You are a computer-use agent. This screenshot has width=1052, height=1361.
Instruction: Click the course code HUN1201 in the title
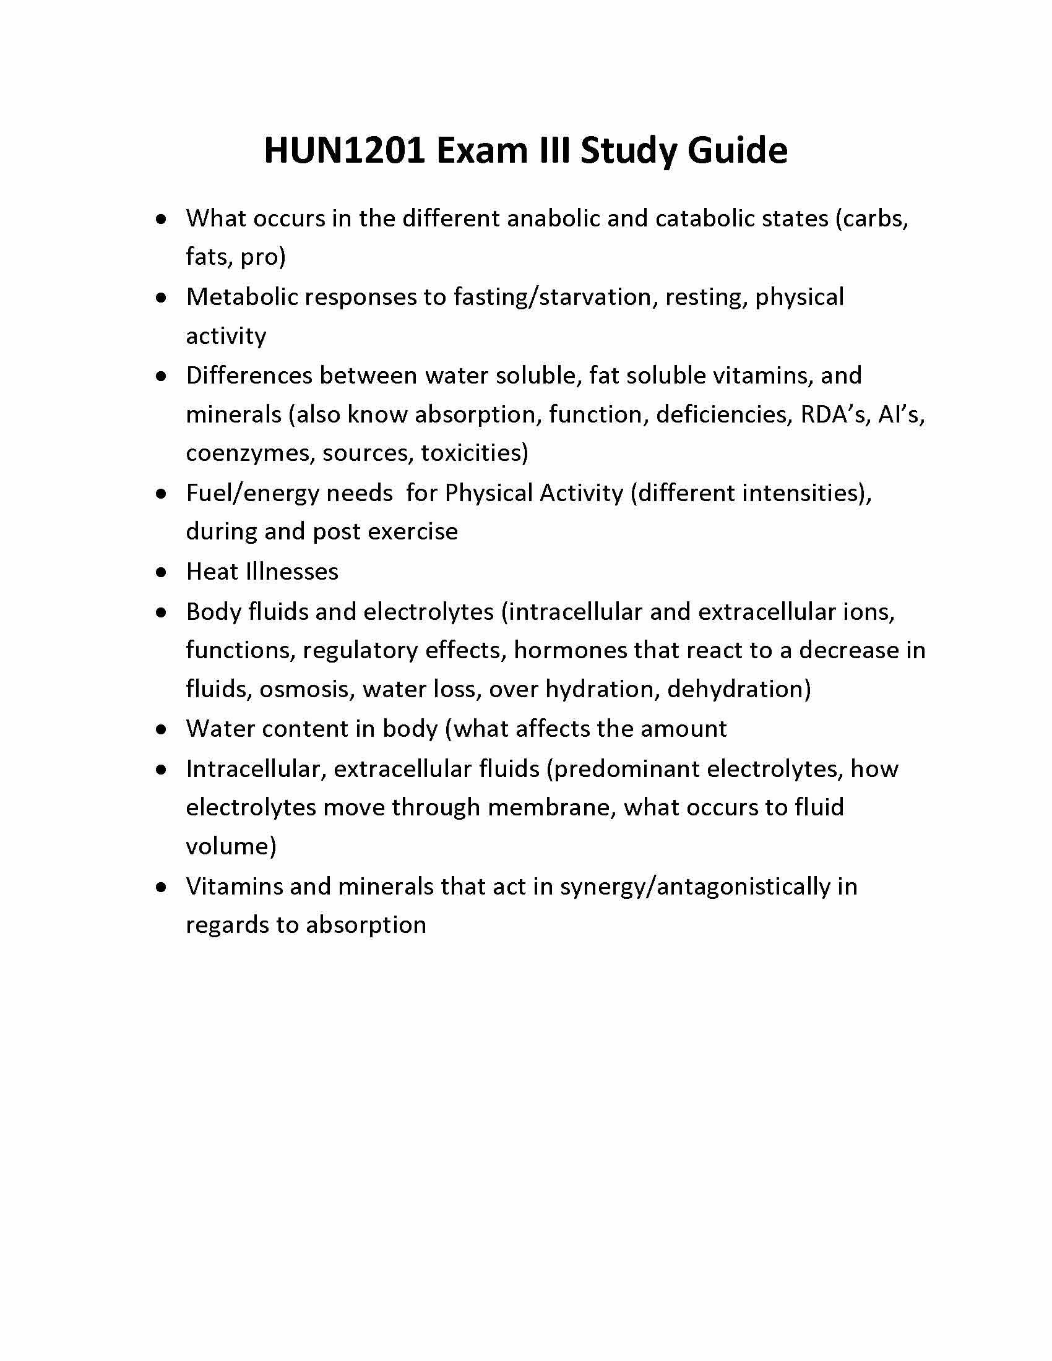(345, 150)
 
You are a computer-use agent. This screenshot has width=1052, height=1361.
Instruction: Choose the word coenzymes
(248, 453)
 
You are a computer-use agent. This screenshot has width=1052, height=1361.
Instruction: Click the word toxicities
(473, 453)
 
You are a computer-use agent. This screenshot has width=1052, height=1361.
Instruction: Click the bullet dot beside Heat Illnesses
(162, 572)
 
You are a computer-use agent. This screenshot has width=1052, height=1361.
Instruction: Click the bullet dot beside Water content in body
(162, 729)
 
